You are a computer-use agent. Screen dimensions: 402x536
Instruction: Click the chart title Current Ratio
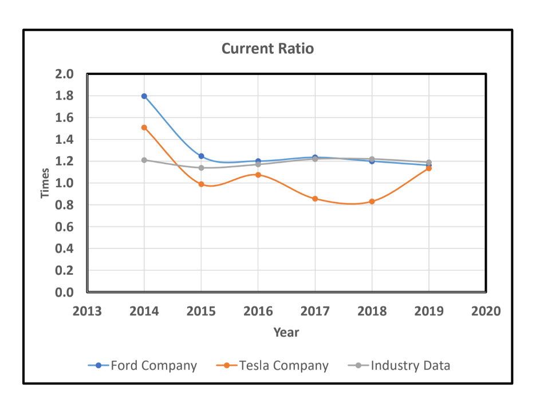click(x=267, y=49)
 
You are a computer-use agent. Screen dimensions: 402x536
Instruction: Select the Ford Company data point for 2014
click(x=144, y=96)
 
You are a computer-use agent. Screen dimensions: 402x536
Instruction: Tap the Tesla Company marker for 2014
click(x=144, y=128)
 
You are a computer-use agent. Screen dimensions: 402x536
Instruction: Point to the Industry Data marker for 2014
click(x=144, y=160)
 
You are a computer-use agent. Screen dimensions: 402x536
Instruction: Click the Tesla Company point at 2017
click(x=315, y=199)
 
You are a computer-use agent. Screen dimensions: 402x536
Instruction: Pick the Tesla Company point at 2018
click(x=372, y=202)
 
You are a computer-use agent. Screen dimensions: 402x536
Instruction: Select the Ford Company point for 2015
click(x=201, y=156)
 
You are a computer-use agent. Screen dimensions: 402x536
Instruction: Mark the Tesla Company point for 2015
click(x=201, y=184)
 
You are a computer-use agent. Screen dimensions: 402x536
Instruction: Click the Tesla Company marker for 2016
click(x=258, y=175)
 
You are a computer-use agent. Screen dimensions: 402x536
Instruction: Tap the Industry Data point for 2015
click(x=201, y=168)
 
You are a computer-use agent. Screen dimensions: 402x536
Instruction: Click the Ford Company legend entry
click(x=143, y=365)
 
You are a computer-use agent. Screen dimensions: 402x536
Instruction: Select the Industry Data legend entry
click(x=399, y=365)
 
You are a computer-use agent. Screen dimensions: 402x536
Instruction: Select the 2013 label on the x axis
click(x=87, y=312)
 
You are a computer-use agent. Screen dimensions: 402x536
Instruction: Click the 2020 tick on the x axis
click(x=486, y=312)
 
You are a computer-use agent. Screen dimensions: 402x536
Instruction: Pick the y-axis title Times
click(x=45, y=183)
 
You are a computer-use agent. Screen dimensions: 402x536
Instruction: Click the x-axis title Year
click(x=286, y=332)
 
